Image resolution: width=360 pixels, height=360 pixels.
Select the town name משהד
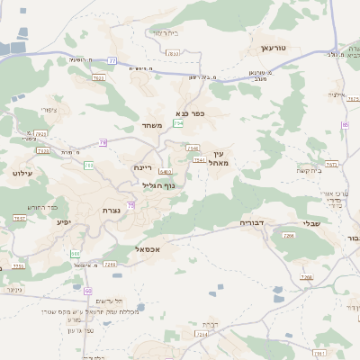[151, 125]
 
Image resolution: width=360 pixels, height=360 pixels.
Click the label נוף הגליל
[157, 185]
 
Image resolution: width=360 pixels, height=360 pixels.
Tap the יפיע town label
[63, 221]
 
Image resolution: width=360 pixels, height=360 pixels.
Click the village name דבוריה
[255, 222]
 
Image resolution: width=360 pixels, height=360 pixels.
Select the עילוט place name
[22, 172]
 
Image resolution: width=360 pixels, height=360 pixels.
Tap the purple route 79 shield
[103, 142]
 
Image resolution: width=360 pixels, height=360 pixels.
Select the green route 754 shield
[178, 122]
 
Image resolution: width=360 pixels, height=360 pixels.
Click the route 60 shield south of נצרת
[88, 291]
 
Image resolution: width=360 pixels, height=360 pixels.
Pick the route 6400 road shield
[165, 171]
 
